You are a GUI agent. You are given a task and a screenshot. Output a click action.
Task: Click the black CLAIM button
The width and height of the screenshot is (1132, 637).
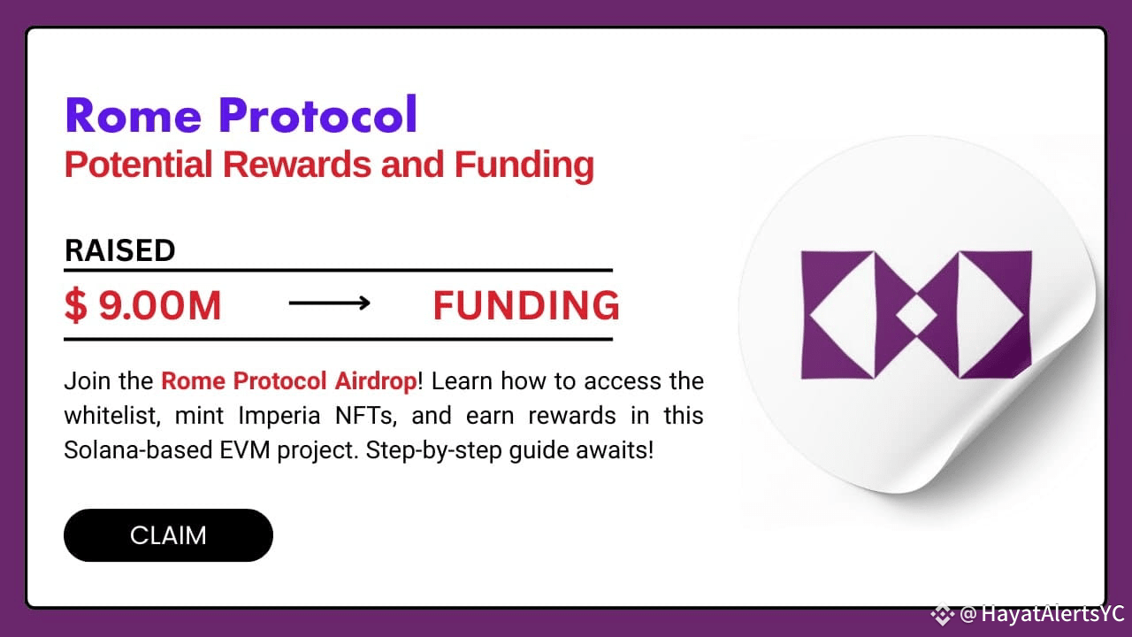click(x=168, y=535)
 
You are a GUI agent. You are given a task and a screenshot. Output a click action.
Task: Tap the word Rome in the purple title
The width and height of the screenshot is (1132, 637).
click(x=134, y=115)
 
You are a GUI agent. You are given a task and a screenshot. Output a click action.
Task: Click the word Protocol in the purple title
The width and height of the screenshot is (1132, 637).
click(x=318, y=114)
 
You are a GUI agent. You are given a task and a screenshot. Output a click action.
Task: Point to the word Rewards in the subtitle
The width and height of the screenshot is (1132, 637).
click(x=296, y=165)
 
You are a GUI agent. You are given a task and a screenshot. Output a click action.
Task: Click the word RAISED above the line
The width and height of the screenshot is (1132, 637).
click(x=120, y=250)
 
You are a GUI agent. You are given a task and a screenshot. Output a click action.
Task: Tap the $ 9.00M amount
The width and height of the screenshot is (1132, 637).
click(x=143, y=305)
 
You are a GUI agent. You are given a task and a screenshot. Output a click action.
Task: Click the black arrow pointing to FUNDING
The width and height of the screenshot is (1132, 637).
click(x=330, y=303)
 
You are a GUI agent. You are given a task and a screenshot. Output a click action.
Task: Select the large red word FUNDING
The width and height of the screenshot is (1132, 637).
click(x=526, y=305)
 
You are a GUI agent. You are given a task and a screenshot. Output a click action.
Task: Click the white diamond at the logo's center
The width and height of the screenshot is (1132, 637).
click(x=916, y=315)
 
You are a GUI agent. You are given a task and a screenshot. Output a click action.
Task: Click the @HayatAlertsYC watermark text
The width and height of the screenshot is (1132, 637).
click(x=1041, y=614)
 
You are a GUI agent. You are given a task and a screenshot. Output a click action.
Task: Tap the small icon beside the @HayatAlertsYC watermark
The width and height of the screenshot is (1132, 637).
click(x=943, y=614)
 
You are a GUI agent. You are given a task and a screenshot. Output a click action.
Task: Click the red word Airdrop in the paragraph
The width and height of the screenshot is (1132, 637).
click(x=377, y=381)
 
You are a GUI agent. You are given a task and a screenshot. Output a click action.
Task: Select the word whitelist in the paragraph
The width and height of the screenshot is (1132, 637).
click(x=112, y=416)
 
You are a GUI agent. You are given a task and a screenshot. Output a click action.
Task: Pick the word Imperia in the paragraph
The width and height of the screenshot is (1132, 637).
click(x=279, y=417)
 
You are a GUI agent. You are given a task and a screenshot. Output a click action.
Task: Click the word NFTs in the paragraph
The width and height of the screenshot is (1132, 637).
click(x=366, y=416)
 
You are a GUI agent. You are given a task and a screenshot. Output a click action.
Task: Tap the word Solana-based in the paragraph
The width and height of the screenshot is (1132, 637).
click(x=138, y=450)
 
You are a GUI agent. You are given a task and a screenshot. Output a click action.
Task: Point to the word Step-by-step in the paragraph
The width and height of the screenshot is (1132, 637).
click(x=433, y=450)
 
